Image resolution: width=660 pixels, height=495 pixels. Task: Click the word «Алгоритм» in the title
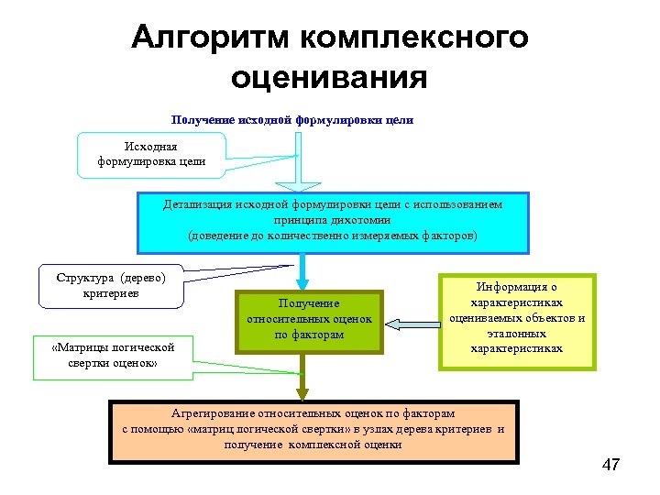[x=210, y=38]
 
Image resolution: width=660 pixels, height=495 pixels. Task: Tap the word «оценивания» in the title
[x=329, y=76]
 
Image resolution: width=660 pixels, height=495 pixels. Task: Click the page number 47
[x=611, y=465]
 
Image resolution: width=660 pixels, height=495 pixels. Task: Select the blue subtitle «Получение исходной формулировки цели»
[x=292, y=120]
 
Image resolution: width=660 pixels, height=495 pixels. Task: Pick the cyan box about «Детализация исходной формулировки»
[x=333, y=222]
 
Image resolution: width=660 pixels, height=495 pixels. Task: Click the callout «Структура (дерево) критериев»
[x=111, y=285]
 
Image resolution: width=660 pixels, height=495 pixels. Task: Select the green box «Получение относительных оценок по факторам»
[x=308, y=320]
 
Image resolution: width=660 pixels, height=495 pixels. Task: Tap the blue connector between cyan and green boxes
[x=302, y=272]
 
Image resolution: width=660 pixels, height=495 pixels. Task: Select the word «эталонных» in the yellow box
[x=516, y=334]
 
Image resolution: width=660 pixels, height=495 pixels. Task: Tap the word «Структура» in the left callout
[x=83, y=278]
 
